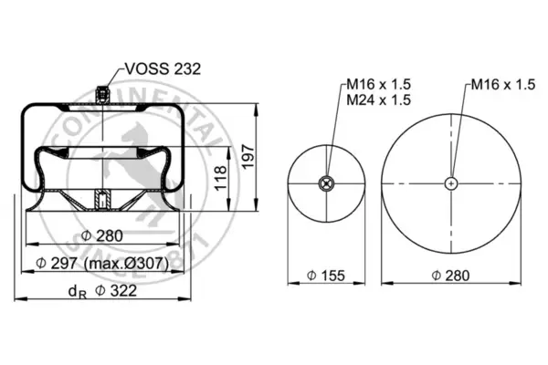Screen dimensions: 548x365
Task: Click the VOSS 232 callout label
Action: [163, 68]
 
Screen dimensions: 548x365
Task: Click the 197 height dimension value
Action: [248, 157]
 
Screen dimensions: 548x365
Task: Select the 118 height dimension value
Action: [220, 179]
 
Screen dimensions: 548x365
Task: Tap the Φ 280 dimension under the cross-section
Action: [102, 235]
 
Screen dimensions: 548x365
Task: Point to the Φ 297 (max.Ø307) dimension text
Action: [102, 263]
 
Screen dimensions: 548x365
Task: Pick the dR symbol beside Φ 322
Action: [78, 292]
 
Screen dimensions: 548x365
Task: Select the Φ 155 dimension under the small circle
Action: [326, 276]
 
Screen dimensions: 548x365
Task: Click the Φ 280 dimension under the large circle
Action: [450, 276]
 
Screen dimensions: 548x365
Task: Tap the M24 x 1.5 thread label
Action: [378, 99]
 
